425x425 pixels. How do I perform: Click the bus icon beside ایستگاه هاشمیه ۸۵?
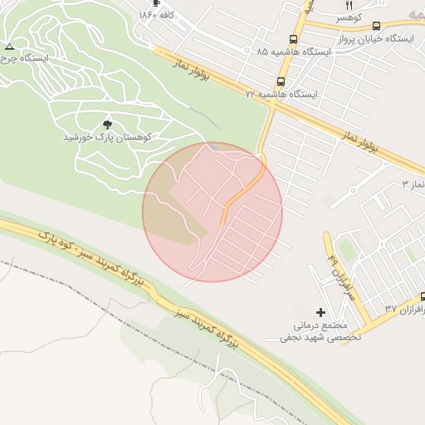pyautogui.click(x=293, y=39)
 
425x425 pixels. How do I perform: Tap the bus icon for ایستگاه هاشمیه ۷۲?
pyautogui.click(x=281, y=82)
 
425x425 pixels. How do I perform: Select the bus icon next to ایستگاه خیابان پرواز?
pyautogui.click(x=377, y=27)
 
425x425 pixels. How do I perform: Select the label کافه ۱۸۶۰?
pyautogui.click(x=162, y=15)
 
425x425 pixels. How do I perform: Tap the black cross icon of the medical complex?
pyautogui.click(x=321, y=311)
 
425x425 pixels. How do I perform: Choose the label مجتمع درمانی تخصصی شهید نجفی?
pyautogui.click(x=320, y=331)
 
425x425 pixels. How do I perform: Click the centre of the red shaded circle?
pyautogui.click(x=212, y=212)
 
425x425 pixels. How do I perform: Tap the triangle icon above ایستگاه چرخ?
pyautogui.click(x=9, y=46)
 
